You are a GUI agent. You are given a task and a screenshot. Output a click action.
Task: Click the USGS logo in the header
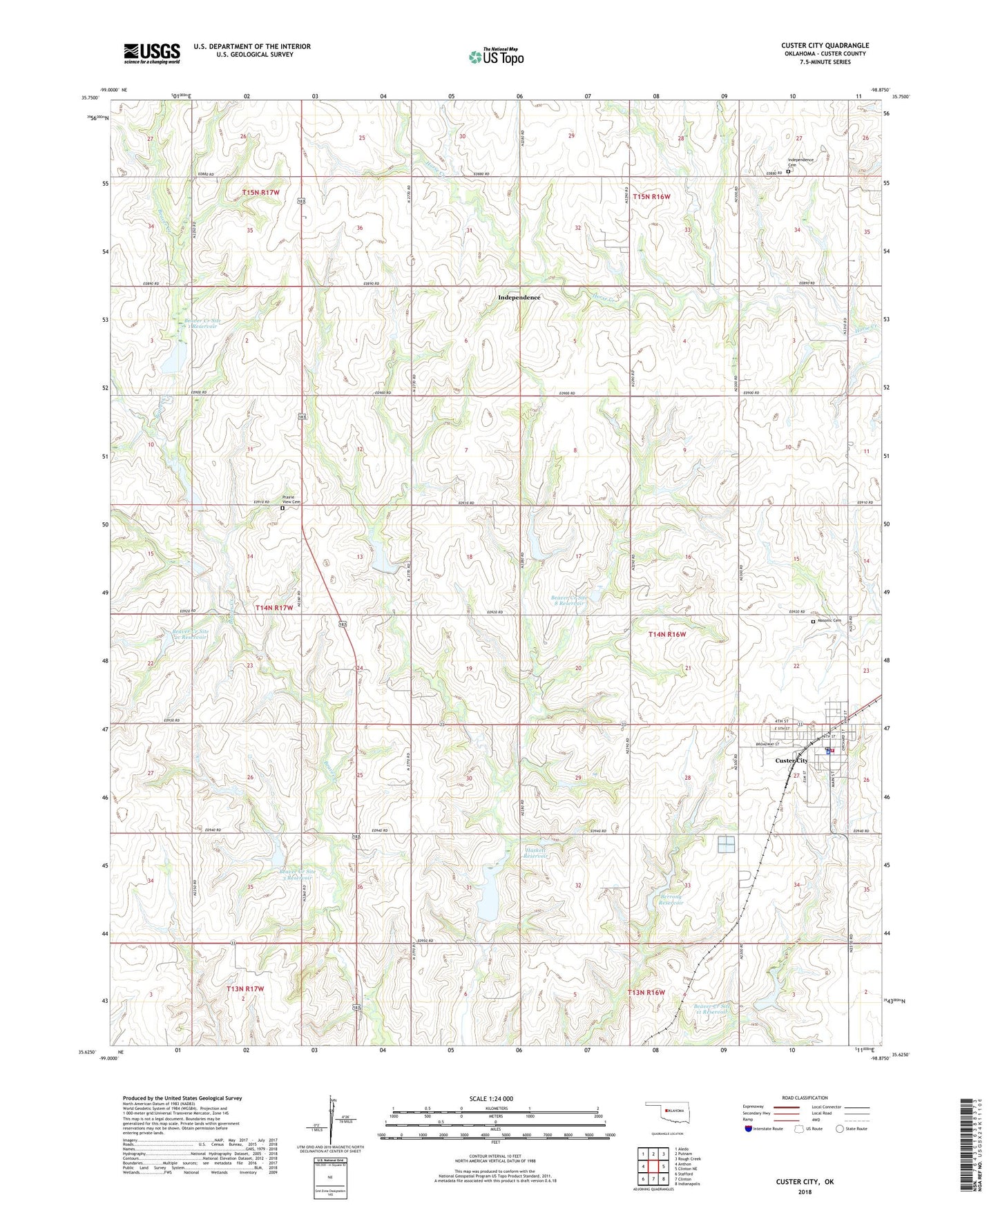152,53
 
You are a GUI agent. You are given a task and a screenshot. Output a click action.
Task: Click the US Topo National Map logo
496,56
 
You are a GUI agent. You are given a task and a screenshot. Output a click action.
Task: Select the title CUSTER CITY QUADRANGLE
825,46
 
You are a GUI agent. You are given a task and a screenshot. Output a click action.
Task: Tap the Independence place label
519,298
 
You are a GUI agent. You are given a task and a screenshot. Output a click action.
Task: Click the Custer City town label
791,760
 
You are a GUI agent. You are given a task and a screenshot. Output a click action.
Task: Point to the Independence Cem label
800,162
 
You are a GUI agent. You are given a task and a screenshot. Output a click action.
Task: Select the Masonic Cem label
829,620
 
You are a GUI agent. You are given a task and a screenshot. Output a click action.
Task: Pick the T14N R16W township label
666,633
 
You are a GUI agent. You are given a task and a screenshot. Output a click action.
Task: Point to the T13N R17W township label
245,989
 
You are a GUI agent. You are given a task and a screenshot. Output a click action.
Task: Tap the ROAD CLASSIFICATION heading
805,1098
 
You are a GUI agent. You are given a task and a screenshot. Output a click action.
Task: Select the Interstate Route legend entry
764,1129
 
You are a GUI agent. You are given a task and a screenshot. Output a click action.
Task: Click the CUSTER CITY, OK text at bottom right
805,1182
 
